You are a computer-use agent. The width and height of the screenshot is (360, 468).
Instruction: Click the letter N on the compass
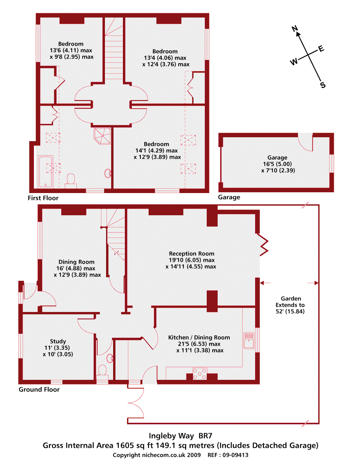tap(295, 28)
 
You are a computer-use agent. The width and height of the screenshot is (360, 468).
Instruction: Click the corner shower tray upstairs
tap(103, 135)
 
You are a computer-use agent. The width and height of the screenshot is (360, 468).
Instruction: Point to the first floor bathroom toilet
tap(71, 179)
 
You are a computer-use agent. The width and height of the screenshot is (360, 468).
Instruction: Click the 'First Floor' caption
tap(43, 198)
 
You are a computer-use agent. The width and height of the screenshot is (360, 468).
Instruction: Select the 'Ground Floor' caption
tap(39, 389)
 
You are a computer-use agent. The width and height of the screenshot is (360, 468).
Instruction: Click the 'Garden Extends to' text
tap(290, 302)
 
